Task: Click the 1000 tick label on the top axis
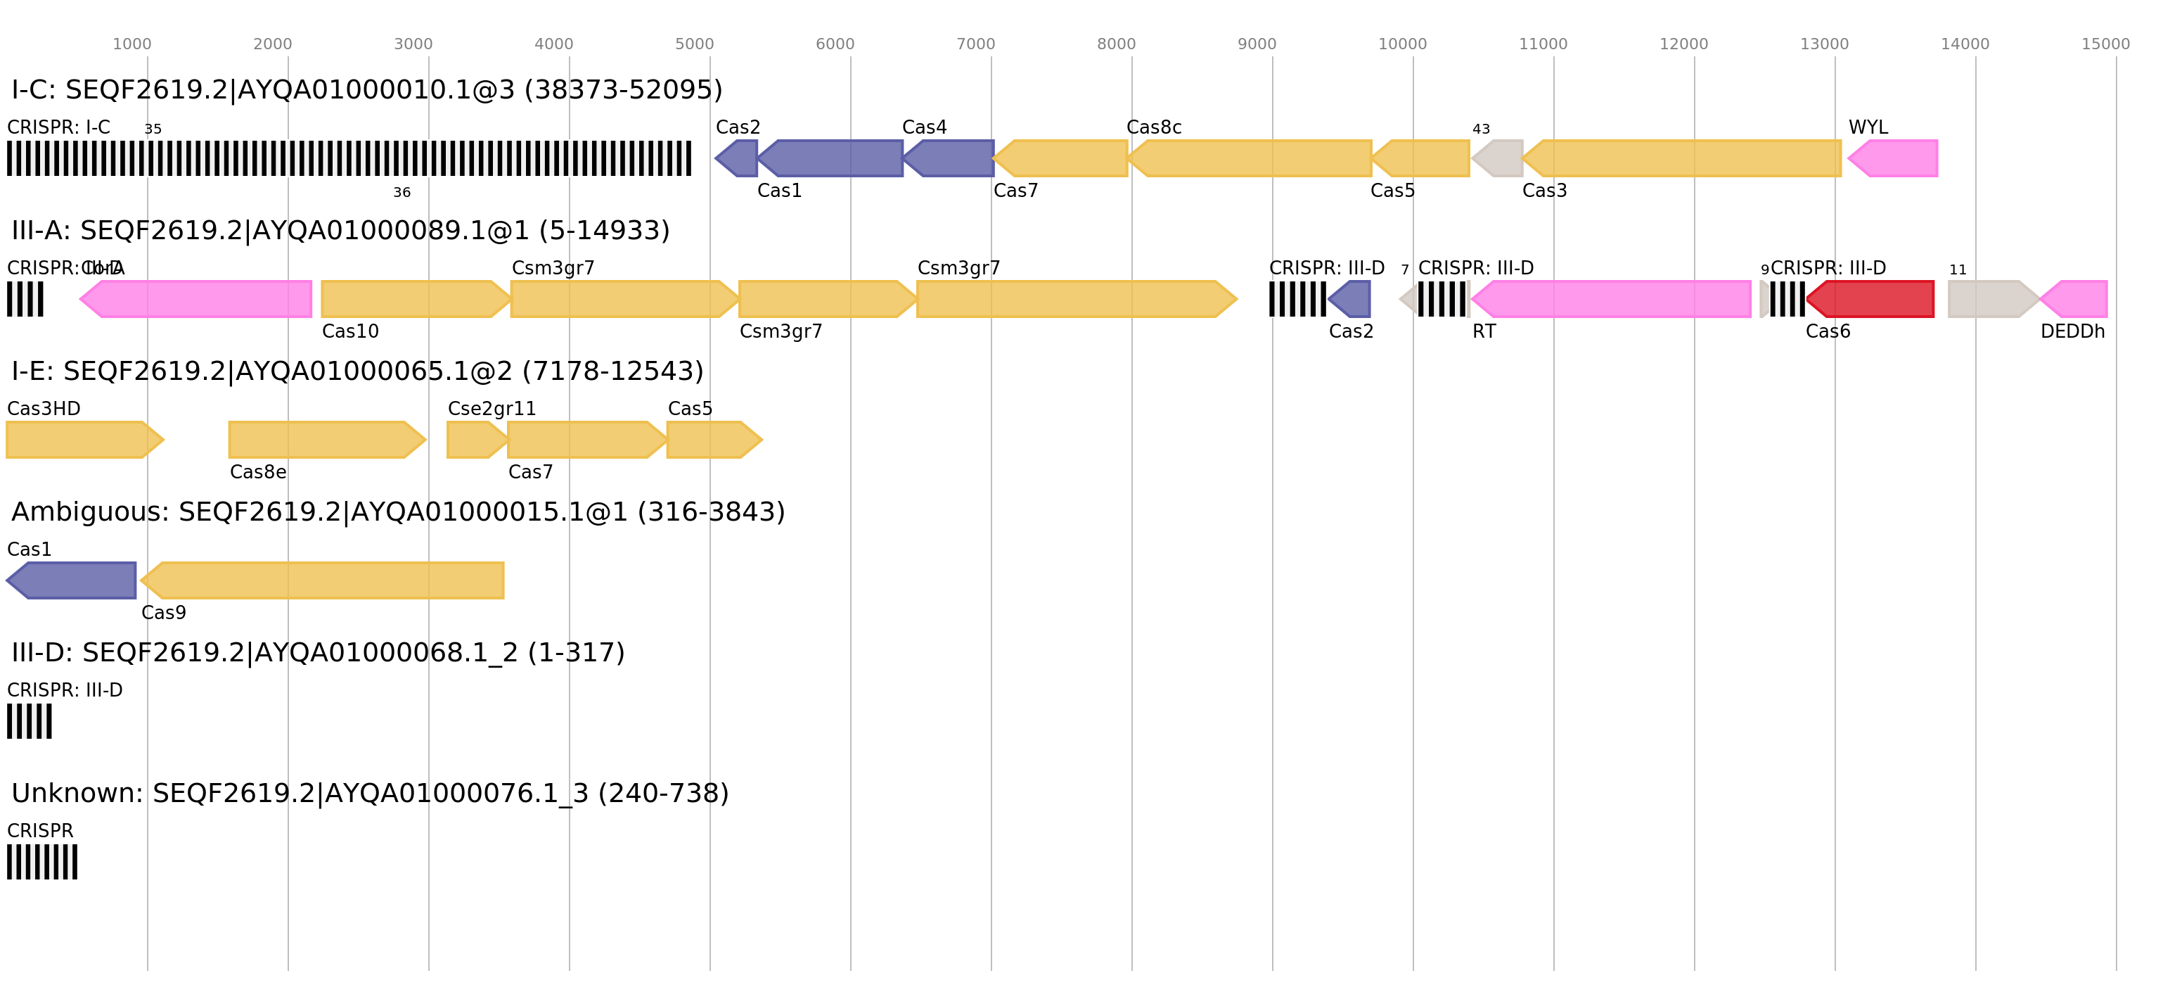[x=131, y=44]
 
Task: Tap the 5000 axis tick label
[x=694, y=44]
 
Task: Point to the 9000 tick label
[x=1256, y=44]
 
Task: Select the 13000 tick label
[x=1824, y=44]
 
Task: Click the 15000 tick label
[x=2105, y=44]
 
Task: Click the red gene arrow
[x=1872, y=299]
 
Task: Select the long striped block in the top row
[x=349, y=158]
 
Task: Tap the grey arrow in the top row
[x=1498, y=158]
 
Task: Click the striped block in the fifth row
[x=30, y=721]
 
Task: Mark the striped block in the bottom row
[x=42, y=862]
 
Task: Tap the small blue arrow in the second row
[x=1352, y=299]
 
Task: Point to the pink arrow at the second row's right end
[x=2076, y=299]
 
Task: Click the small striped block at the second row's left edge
[x=25, y=299]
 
